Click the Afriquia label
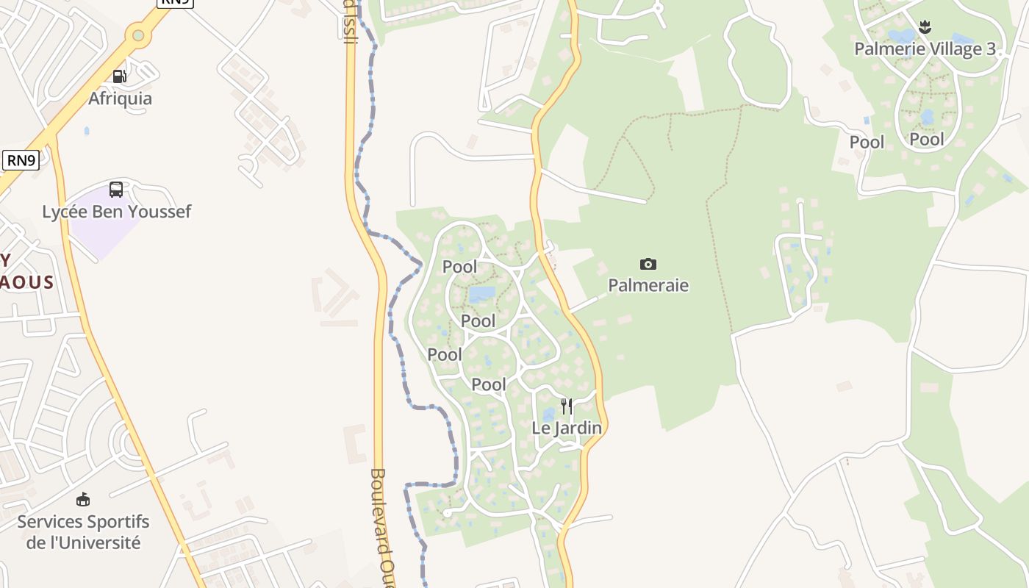[121, 98]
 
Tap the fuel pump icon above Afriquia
[119, 76]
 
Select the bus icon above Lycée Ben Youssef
[116, 190]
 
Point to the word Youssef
[159, 212]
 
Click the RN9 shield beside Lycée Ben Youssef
[21, 159]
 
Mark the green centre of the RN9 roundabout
[137, 35]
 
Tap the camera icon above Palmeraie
[648, 264]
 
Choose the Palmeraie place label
[648, 285]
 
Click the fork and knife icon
[566, 406]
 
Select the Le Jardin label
[567, 428]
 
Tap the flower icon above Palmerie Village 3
[925, 28]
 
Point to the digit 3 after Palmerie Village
[991, 49]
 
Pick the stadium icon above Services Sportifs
[83, 500]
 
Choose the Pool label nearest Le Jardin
[489, 384]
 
